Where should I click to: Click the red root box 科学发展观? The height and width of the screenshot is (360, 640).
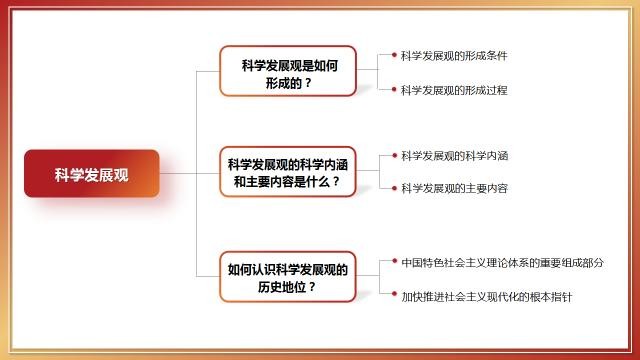(92, 173)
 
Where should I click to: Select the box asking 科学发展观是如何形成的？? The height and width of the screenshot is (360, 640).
(289, 72)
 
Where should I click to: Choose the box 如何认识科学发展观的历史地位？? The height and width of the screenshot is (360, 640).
(289, 277)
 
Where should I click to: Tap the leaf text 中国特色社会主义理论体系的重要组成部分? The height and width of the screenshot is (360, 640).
(502, 263)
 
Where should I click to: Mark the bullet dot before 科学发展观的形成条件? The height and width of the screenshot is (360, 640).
(394, 55)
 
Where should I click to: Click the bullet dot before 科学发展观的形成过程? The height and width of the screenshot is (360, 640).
(394, 90)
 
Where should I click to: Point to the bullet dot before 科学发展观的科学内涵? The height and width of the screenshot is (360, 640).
(394, 155)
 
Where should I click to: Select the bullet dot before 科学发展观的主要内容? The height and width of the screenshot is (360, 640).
(394, 188)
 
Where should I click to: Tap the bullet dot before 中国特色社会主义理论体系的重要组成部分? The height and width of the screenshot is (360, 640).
(394, 263)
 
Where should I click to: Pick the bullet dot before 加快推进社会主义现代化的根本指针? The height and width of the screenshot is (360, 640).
(394, 296)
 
